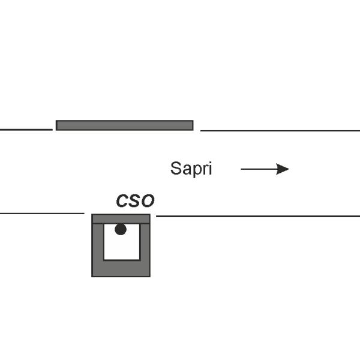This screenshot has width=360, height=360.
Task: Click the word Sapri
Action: click(191, 169)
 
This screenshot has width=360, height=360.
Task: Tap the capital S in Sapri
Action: click(176, 168)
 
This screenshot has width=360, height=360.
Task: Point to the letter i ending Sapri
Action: click(211, 168)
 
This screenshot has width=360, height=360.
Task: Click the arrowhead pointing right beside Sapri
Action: click(283, 169)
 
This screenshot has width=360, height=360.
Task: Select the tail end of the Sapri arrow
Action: click(241, 169)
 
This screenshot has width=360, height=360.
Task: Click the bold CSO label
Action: click(135, 200)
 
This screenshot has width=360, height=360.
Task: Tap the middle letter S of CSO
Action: click(134, 200)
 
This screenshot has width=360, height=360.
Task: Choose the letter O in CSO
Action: click(148, 200)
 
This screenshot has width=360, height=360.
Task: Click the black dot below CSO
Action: click(121, 229)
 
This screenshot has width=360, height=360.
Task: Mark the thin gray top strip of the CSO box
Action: click(121, 218)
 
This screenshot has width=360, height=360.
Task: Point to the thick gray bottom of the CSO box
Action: click(121, 269)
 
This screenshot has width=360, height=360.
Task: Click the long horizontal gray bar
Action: click(124, 125)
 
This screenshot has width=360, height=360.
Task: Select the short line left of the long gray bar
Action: click(26, 130)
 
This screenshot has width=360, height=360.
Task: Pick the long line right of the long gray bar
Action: click(280, 131)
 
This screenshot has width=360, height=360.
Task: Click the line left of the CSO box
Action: click(42, 214)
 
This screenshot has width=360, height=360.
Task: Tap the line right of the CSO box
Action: click(258, 216)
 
